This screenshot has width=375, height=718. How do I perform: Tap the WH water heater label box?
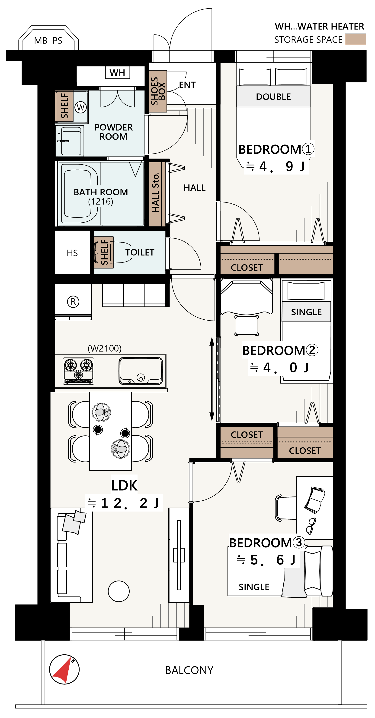[117, 72]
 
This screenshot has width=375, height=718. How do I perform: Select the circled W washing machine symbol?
[80, 107]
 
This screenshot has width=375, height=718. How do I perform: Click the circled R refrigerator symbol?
[73, 302]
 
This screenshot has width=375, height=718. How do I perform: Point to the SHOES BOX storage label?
[158, 91]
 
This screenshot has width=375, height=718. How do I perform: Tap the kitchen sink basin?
[141, 371]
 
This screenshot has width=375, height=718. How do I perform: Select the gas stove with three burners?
[78, 371]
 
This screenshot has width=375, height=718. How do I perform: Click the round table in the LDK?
[119, 591]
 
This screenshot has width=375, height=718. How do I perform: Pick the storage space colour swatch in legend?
[356, 39]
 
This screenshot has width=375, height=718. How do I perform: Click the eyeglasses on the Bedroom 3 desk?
[311, 526]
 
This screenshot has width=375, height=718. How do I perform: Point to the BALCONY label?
[189, 670]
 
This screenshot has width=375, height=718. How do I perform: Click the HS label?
[72, 253]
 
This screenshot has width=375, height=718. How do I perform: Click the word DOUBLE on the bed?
[273, 97]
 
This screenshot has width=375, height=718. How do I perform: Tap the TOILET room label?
[140, 252]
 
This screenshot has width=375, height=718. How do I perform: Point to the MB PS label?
[48, 41]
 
